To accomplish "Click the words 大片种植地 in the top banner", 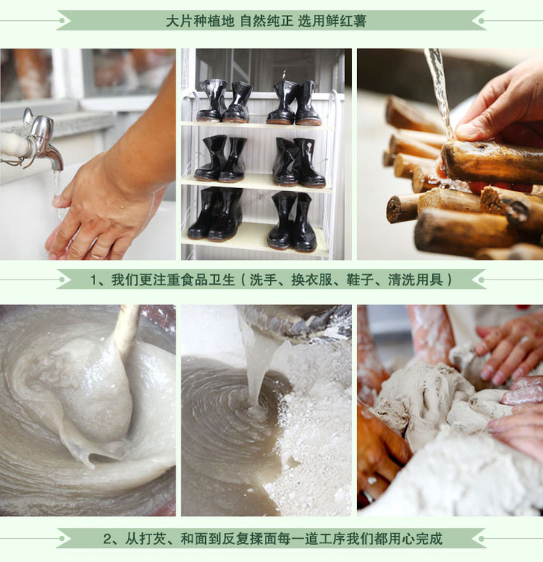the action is (x=200, y=21).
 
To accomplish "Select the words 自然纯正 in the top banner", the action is (x=266, y=21).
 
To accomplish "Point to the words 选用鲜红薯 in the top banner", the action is (x=332, y=21).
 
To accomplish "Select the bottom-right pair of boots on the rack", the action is (x=292, y=221).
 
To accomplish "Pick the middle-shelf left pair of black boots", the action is (x=221, y=158).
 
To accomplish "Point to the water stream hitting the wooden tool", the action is (x=440, y=93).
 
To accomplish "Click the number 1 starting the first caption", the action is (x=93, y=280).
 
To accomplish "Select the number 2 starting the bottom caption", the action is (x=108, y=539).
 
